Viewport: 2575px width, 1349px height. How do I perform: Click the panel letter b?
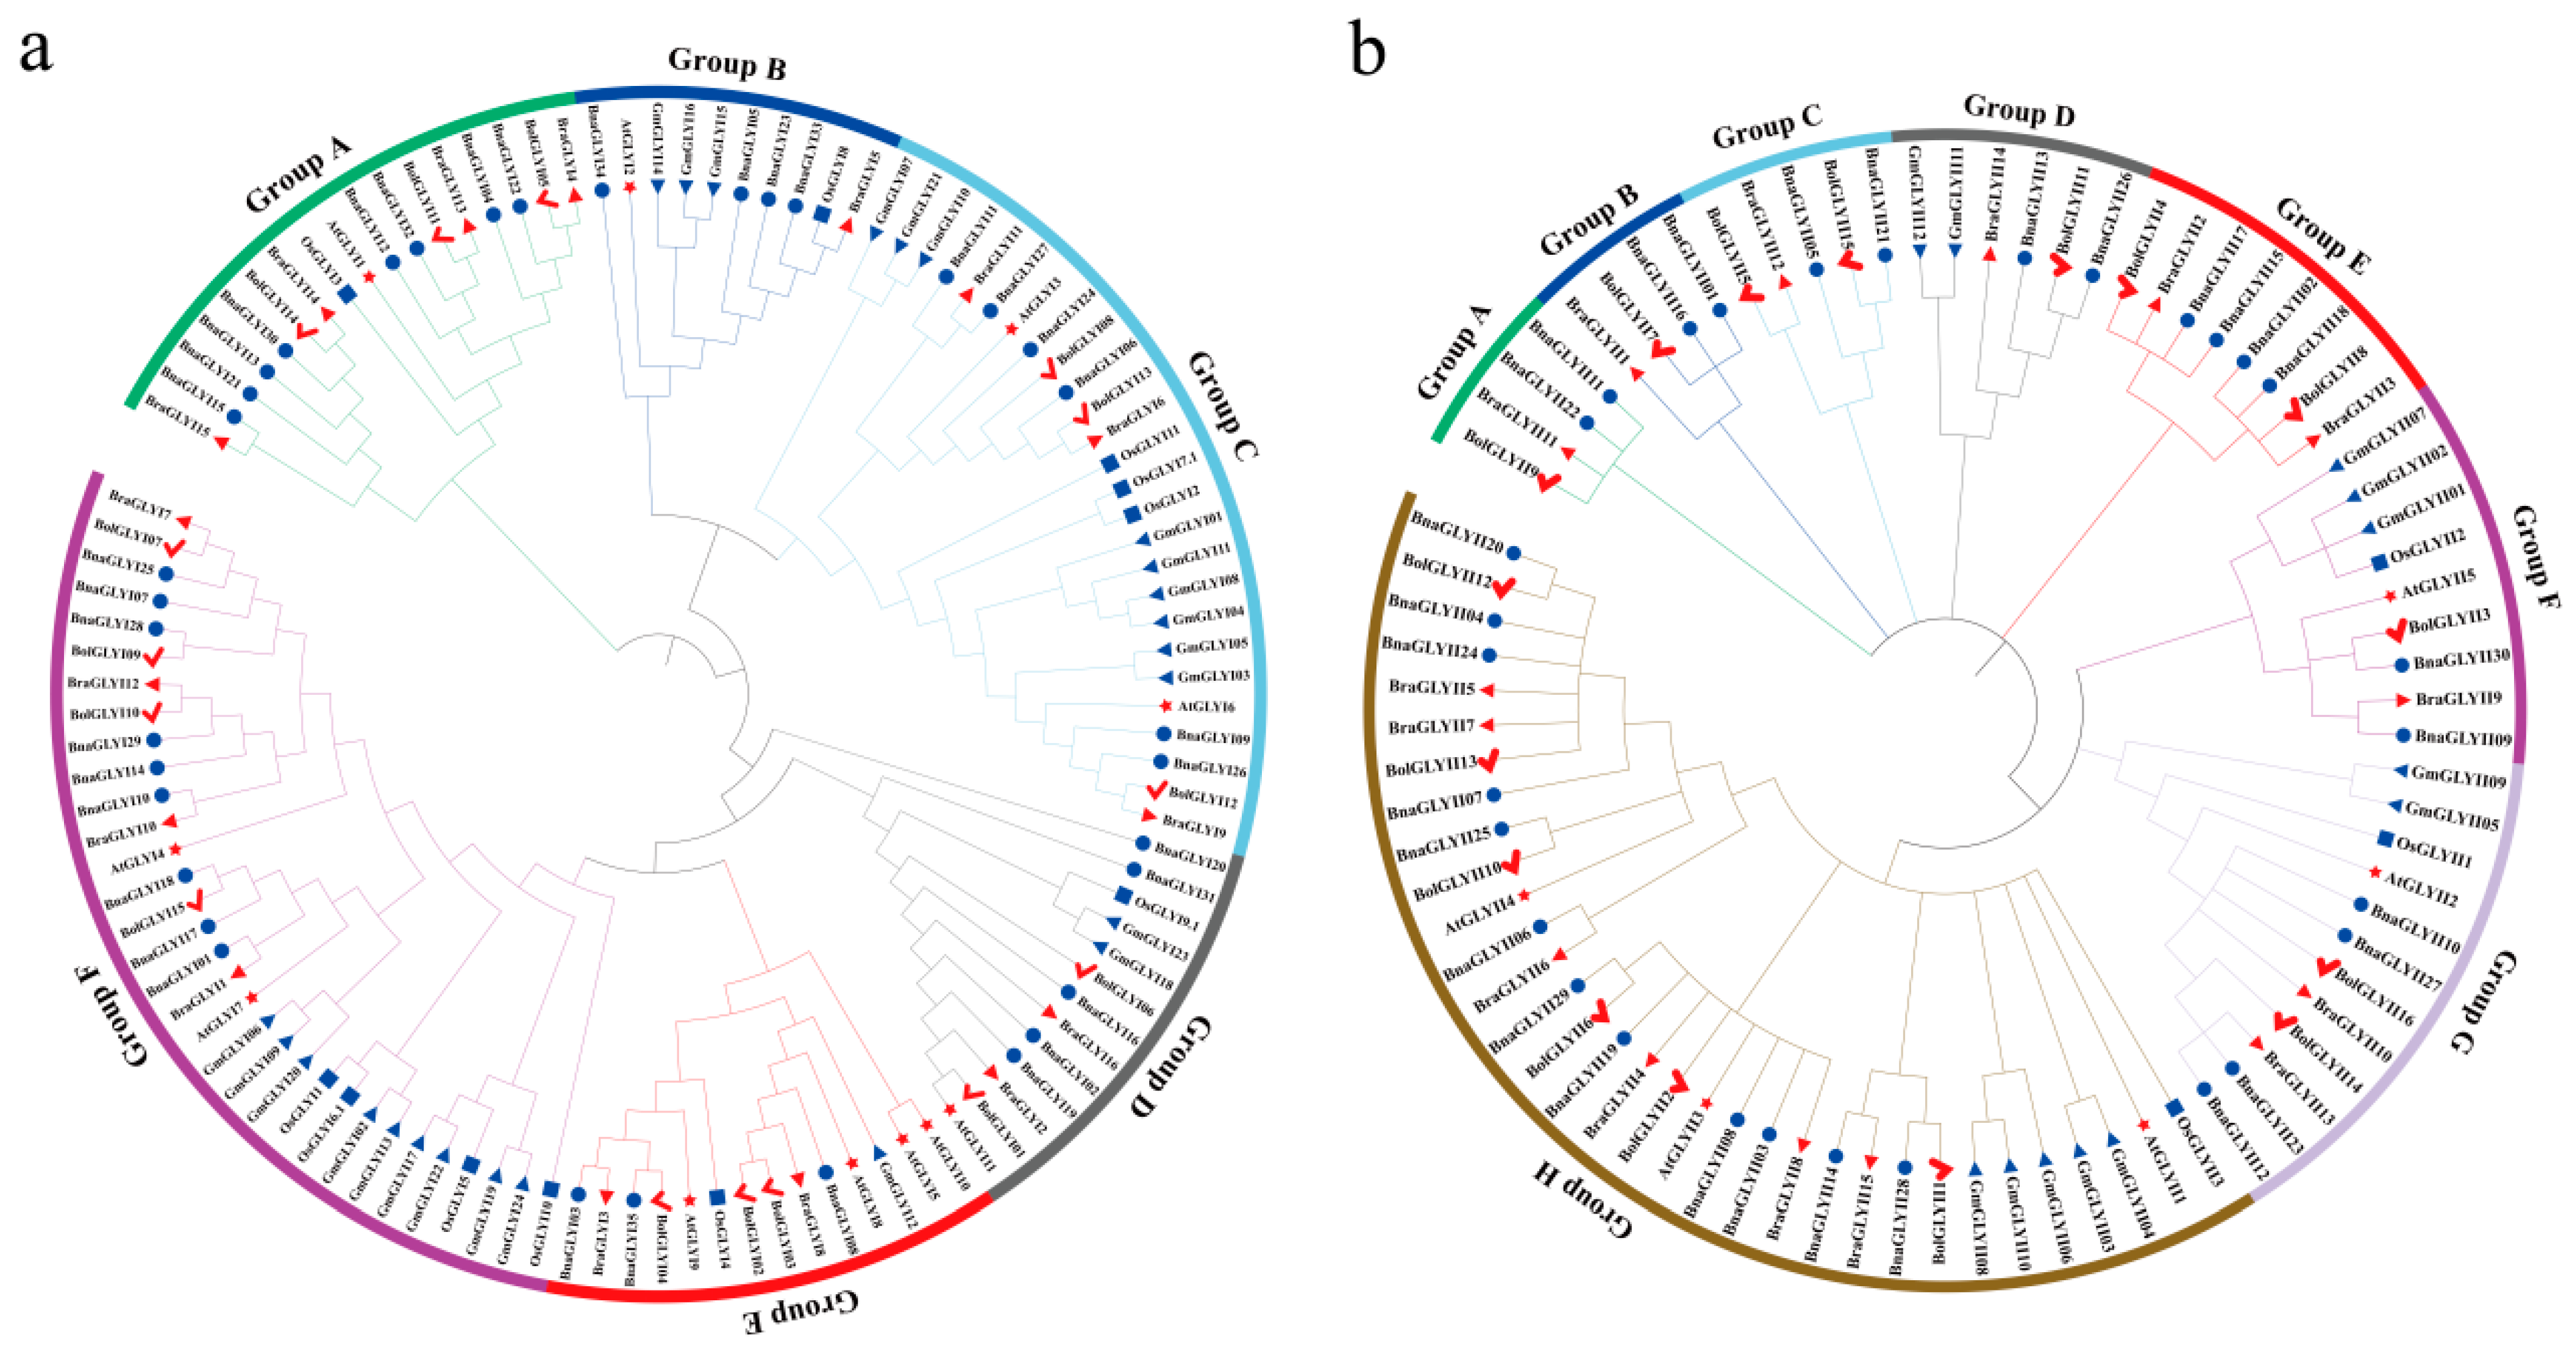pyautogui.click(x=1367, y=50)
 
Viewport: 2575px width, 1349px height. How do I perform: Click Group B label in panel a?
pyautogui.click(x=727, y=63)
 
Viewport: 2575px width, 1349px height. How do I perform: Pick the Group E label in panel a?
pyautogui.click(x=802, y=1312)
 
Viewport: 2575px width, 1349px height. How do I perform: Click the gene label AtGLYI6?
pyautogui.click(x=1206, y=707)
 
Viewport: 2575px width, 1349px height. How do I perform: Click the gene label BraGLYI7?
pyautogui.click(x=140, y=505)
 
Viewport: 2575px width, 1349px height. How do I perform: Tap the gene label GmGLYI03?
pyautogui.click(x=1213, y=677)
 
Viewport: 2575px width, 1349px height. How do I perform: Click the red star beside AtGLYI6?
pyautogui.click(x=1164, y=707)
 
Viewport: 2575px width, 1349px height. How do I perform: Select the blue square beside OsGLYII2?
pyautogui.click(x=2379, y=563)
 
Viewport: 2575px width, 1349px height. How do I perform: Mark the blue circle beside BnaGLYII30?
pyautogui.click(x=2402, y=664)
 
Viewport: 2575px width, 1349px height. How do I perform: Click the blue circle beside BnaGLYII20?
pyautogui.click(x=1514, y=553)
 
